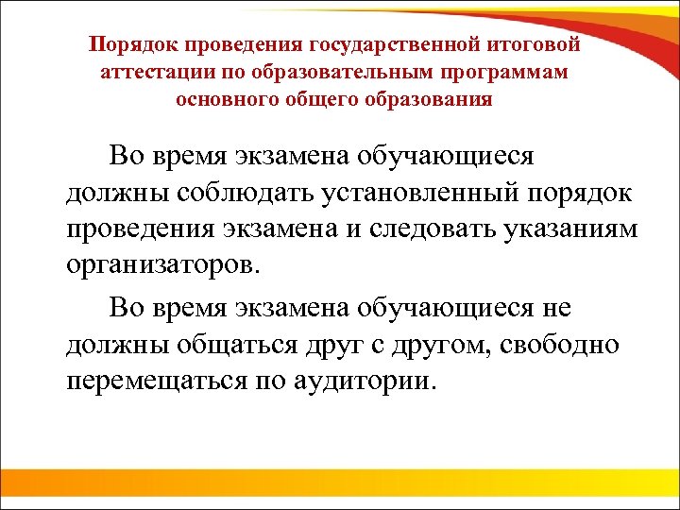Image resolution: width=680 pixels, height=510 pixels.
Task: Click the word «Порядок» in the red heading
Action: tap(131, 45)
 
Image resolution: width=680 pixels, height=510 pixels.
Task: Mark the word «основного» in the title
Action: tap(220, 99)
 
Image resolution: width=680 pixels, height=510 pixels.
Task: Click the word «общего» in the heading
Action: tap(316, 99)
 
